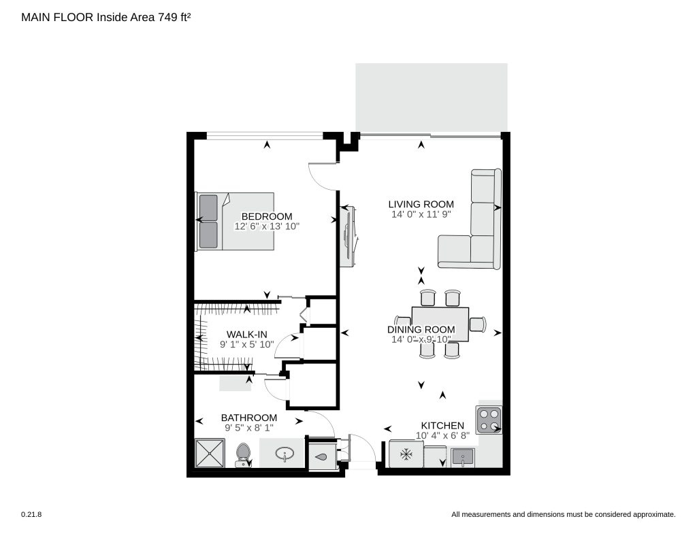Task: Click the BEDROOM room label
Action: [x=267, y=216]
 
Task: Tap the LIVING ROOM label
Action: [x=421, y=204]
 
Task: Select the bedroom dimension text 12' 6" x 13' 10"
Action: [x=267, y=226]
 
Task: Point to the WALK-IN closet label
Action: [x=246, y=335]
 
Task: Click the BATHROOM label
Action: [x=249, y=418]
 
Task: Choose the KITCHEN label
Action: [x=442, y=426]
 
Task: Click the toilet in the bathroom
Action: [x=243, y=455]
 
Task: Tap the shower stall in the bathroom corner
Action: [x=210, y=453]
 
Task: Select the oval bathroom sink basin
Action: [x=285, y=454]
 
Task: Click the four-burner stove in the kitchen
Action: [x=489, y=420]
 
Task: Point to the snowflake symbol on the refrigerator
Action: [x=406, y=454]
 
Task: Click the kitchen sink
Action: [x=463, y=458]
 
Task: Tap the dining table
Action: [x=440, y=324]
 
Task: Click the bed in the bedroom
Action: [x=235, y=221]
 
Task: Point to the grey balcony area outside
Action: [x=431, y=98]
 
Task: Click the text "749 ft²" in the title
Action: [x=174, y=17]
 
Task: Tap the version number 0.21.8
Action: [x=31, y=514]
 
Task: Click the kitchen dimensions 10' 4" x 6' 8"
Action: [x=442, y=436]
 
